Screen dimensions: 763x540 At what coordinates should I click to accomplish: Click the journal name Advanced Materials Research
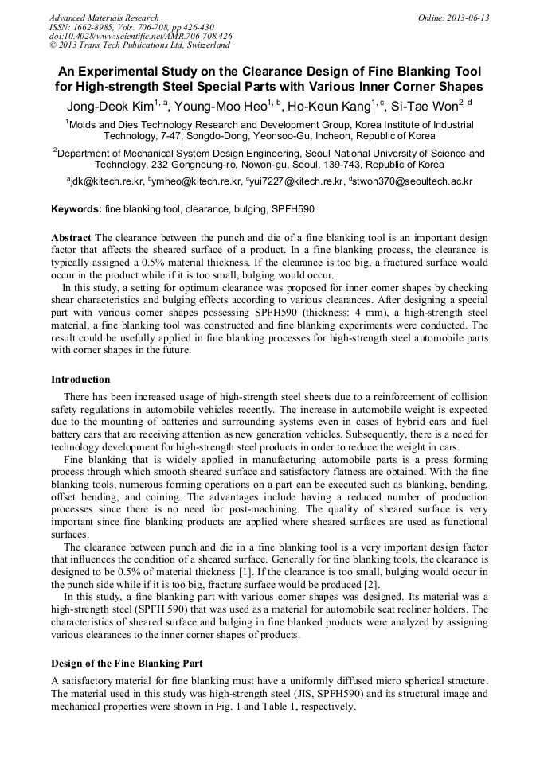point(104,18)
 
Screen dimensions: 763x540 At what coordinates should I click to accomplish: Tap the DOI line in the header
point(140,37)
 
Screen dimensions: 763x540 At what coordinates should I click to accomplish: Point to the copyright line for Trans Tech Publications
point(139,45)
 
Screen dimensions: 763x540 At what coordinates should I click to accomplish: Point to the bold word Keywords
point(76,209)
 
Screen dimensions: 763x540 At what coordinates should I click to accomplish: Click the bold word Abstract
point(72,238)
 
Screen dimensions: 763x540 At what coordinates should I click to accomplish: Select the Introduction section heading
point(80,380)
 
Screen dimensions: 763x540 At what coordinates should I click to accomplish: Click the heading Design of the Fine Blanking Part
point(127,663)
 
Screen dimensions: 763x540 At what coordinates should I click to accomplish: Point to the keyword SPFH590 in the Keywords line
point(293,209)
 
